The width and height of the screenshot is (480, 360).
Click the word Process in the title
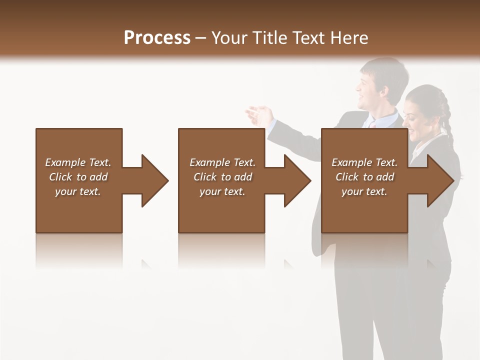pyautogui.click(x=157, y=38)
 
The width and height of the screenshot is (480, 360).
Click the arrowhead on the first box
pyautogui.click(x=153, y=180)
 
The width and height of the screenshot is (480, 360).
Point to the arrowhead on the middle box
pyautogui.click(x=295, y=180)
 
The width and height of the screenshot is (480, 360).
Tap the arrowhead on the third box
pyautogui.click(x=438, y=180)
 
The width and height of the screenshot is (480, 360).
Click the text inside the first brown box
pyautogui.click(x=78, y=177)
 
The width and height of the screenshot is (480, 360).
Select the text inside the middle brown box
pyautogui.click(x=222, y=177)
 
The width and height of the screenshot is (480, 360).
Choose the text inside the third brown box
pyautogui.click(x=364, y=177)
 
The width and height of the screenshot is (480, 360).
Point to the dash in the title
pyautogui.click(x=201, y=38)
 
